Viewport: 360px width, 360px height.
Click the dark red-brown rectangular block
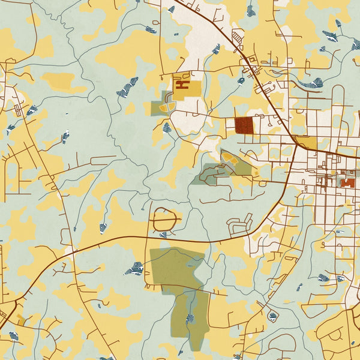(244, 125)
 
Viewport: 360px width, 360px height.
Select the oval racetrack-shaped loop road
(163, 220)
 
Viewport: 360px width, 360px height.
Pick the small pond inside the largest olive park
(190, 317)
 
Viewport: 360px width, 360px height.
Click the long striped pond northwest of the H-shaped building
(127, 88)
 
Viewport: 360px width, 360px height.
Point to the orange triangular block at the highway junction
(306, 142)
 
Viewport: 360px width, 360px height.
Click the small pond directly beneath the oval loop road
(163, 235)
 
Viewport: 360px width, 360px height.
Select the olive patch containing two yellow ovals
(161, 107)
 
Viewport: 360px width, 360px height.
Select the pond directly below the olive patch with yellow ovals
(167, 127)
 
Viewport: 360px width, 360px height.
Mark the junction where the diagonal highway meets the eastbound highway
(297, 144)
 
